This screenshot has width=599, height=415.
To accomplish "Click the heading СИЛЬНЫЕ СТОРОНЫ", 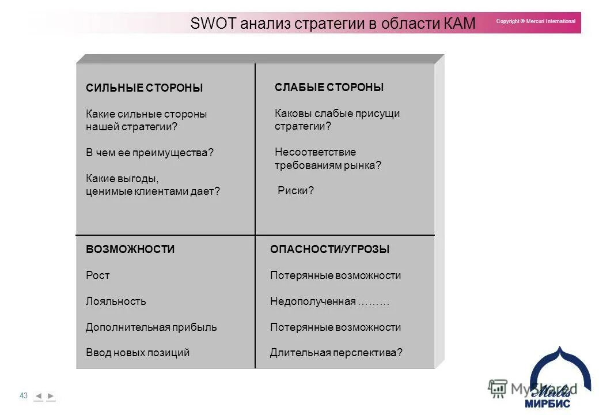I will coord(144,88).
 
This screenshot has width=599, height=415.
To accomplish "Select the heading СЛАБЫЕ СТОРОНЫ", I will coord(329,88).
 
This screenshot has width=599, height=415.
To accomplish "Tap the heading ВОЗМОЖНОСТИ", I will coord(130,250).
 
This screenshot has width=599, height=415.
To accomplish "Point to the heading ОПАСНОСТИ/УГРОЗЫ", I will coord(329,250).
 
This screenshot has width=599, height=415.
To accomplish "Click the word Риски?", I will coord(295,191).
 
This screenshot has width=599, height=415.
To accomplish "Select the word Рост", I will coord(97,276).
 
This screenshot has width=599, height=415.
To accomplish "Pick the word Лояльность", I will coord(116,301).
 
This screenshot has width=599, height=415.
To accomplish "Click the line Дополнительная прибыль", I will coord(151,327).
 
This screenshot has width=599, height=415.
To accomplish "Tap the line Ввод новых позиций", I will coord(137,353).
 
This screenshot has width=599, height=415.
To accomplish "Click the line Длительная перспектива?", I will coord(336,353).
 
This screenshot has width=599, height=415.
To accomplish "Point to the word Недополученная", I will coord(313,301).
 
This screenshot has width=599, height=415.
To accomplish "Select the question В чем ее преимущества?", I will coord(149,153).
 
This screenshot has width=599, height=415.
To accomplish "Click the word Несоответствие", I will coord(315,152).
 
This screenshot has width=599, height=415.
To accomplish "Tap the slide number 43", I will coord(24,395).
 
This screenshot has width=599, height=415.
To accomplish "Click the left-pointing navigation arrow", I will coord(39,396).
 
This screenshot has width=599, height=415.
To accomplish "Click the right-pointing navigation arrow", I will coord(51,396).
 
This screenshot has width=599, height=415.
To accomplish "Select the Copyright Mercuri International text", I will coord(535,21).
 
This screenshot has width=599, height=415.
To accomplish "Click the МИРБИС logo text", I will coord(547,403).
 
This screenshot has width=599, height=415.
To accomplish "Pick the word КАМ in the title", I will coord(460,24).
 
